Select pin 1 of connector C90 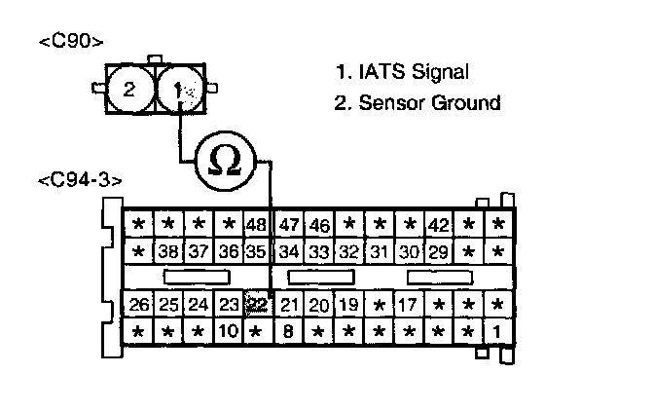tap(177, 90)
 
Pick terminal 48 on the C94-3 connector tap(256, 225)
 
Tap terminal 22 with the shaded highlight tap(257, 304)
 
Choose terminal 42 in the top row tap(438, 225)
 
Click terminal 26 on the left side tap(139, 304)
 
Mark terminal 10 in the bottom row tap(227, 331)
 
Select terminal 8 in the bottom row tap(288, 331)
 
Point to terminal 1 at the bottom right tap(497, 331)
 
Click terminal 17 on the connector tap(408, 304)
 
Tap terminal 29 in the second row tap(438, 251)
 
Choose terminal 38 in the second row tap(169, 251)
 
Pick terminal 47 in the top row tap(289, 225)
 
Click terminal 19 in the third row tap(348, 304)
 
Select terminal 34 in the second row tap(289, 251)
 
